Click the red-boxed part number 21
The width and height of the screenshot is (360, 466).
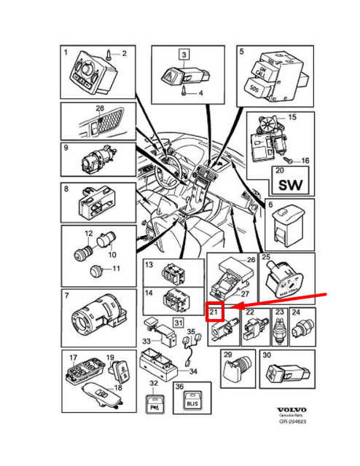(x=214, y=313)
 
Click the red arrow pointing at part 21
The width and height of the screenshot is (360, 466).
(x=284, y=302)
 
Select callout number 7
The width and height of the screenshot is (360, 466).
(x=67, y=296)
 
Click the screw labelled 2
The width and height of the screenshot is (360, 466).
(x=109, y=54)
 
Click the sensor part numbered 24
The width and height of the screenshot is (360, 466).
(x=299, y=329)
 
